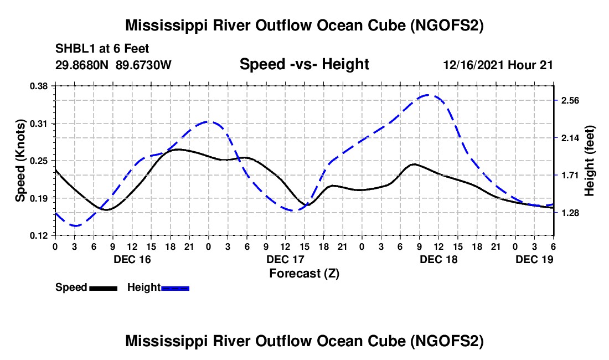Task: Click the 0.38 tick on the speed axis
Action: click(x=40, y=86)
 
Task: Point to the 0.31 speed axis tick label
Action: click(x=40, y=124)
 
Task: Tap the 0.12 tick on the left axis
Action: click(x=40, y=235)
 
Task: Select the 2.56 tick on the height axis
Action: click(x=570, y=101)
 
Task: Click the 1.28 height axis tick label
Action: click(x=570, y=213)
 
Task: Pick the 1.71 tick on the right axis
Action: click(x=570, y=176)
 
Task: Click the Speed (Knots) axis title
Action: click(x=20, y=161)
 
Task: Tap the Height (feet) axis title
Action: click(x=590, y=161)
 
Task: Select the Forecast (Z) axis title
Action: click(x=304, y=273)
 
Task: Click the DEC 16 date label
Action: click(x=132, y=259)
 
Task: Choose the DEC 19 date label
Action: click(x=534, y=259)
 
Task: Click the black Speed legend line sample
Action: click(x=103, y=288)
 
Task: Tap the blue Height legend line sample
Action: click(x=176, y=288)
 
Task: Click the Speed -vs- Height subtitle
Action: click(x=304, y=64)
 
